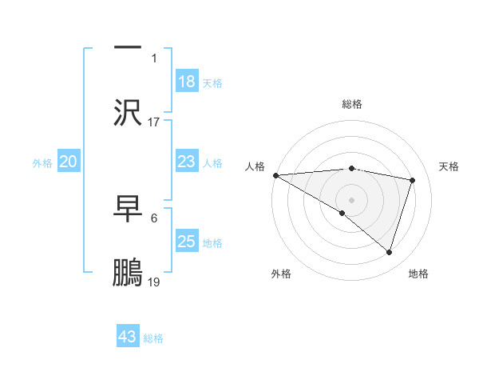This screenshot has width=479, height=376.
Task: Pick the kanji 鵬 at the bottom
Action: pos(128,274)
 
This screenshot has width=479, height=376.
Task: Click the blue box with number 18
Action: pos(186,81)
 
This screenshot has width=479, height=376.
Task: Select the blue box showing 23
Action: pos(186,162)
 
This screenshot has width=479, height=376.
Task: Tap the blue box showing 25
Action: pos(186,242)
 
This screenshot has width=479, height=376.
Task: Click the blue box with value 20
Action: pos(68,162)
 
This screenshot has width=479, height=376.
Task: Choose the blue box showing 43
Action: pos(128,337)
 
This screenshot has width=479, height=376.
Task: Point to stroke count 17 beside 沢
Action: pos(154,122)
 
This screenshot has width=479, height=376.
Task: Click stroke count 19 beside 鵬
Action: pos(154,282)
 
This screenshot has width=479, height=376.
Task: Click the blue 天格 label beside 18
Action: pos(212,82)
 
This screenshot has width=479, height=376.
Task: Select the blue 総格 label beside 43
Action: pos(153,338)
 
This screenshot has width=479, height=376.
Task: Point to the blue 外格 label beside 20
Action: pos(42,163)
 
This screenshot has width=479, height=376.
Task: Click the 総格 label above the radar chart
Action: pos(352,104)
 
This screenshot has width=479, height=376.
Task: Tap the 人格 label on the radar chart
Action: pos(255,166)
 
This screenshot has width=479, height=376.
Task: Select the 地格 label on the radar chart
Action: pos(418,274)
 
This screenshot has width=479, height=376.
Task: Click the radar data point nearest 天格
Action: pos(413,180)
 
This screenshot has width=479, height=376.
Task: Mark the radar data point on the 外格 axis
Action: pos(342,213)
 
